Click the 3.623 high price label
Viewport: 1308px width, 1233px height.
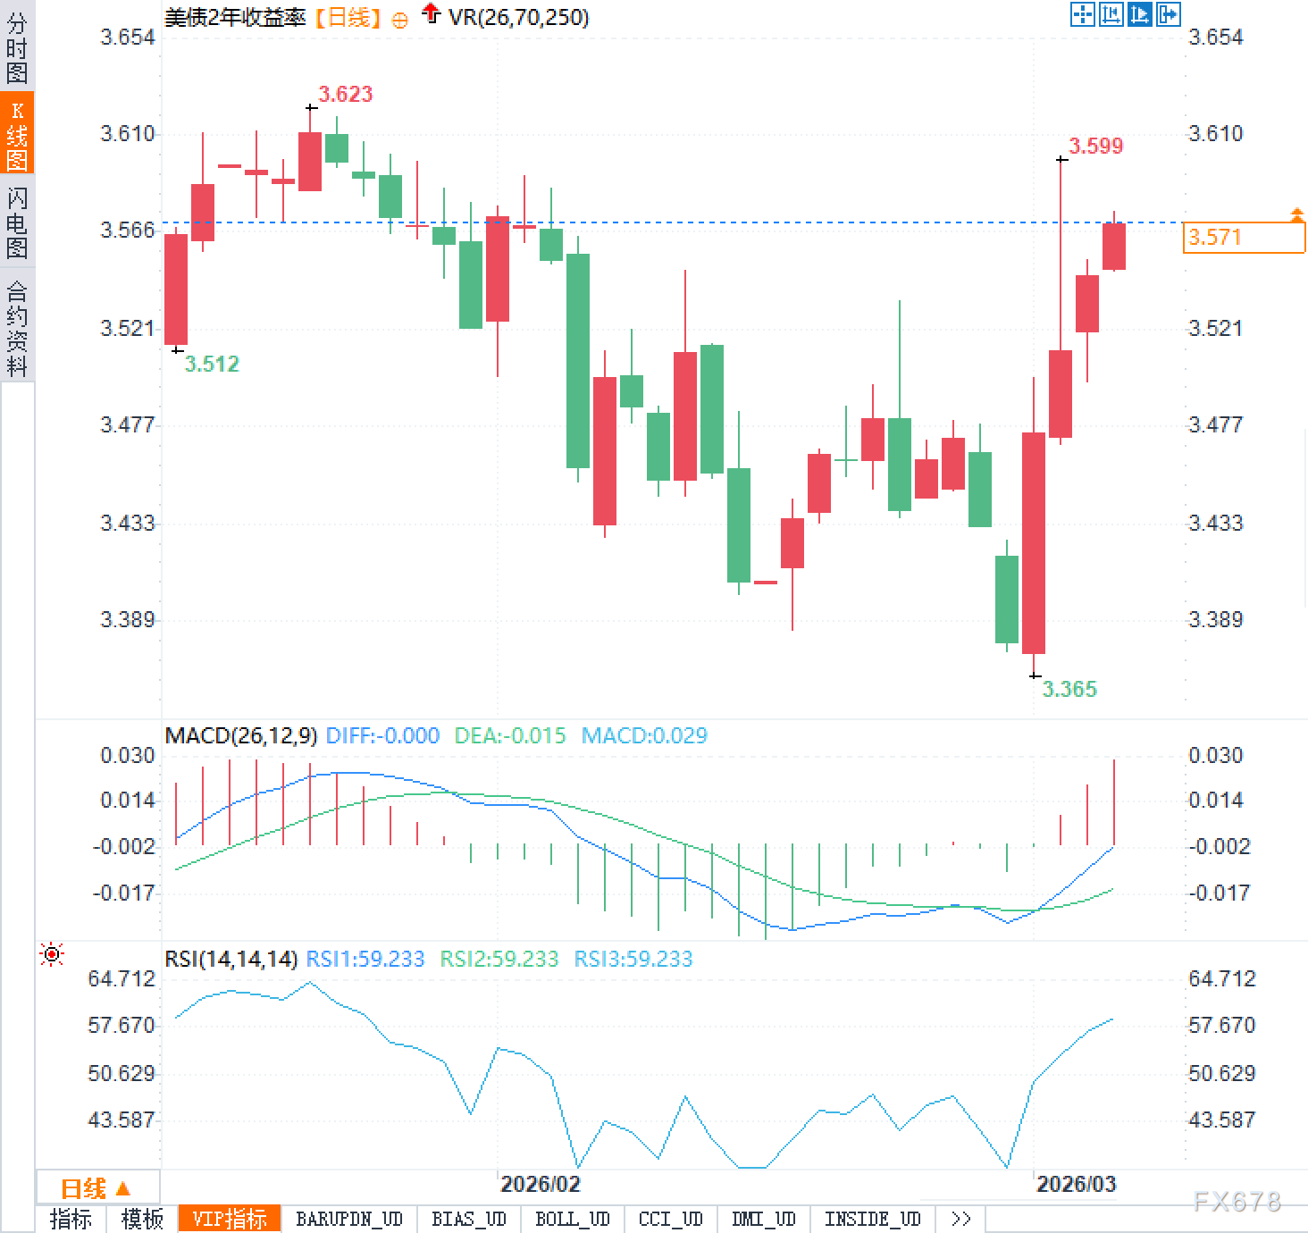coord(345,94)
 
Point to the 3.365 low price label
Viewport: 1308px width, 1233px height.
coord(1069,689)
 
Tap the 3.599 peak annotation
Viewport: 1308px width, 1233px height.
coord(1095,146)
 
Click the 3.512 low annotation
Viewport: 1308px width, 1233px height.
coord(212,364)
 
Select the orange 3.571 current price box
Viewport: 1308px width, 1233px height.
coord(1243,238)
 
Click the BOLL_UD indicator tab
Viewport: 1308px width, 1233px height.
coord(572,1219)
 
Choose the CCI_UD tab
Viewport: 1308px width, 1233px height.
coord(670,1219)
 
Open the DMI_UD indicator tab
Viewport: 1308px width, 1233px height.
coord(763,1219)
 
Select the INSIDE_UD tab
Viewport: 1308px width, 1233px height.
coord(872,1219)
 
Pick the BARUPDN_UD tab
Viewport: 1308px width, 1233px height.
coord(349,1219)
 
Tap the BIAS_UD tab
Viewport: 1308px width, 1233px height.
coord(468,1219)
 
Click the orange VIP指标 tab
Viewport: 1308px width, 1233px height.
coord(230,1219)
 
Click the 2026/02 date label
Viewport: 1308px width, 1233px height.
coord(540,1184)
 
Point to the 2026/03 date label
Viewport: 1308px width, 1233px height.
coord(1076,1184)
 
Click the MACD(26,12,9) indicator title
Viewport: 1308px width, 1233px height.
coord(241,736)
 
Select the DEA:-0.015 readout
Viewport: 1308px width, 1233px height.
coord(510,736)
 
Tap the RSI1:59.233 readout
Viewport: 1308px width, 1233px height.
coord(365,960)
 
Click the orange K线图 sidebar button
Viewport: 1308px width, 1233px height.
coord(17,134)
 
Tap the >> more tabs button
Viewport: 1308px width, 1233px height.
coord(960,1219)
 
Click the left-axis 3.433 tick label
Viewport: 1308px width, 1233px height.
coord(127,523)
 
